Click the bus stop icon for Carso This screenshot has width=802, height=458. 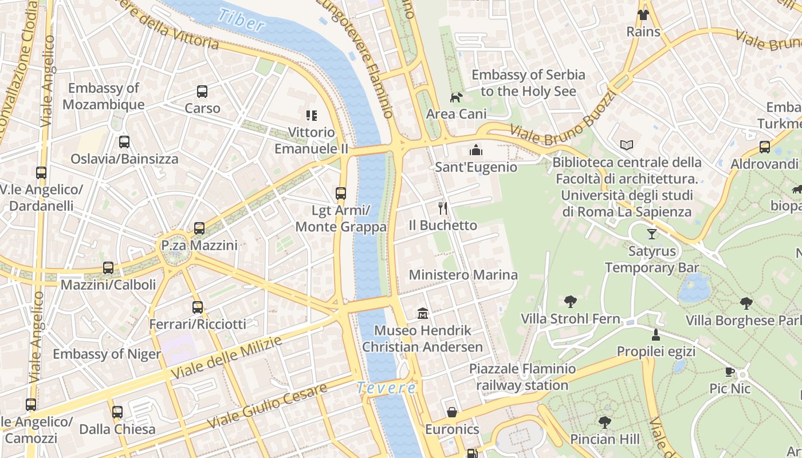pos(202,91)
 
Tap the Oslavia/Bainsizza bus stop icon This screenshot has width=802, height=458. pos(124,142)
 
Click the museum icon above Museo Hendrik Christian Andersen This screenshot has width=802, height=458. pos(423,313)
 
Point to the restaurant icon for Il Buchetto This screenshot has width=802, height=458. pos(442,208)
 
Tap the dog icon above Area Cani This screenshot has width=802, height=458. pos(456,97)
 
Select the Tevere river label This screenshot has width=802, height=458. pos(386,388)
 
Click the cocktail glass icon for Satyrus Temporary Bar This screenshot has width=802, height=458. pos(652,234)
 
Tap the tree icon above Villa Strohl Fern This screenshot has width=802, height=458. pos(570,301)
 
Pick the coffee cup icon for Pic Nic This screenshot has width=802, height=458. pos(730,372)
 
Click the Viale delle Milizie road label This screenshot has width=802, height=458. pos(227,357)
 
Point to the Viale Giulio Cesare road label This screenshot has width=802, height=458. pos(267,405)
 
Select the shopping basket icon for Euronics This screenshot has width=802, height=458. pos(452,412)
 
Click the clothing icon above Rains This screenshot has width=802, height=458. pos(643,14)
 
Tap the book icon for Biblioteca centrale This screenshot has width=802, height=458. pos(627,145)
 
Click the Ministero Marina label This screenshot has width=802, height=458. pos(463,275)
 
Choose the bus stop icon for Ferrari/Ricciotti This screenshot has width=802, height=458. pos(198,307)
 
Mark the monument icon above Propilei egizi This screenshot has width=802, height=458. pos(656,334)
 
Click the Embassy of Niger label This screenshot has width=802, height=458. pos(107,354)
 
